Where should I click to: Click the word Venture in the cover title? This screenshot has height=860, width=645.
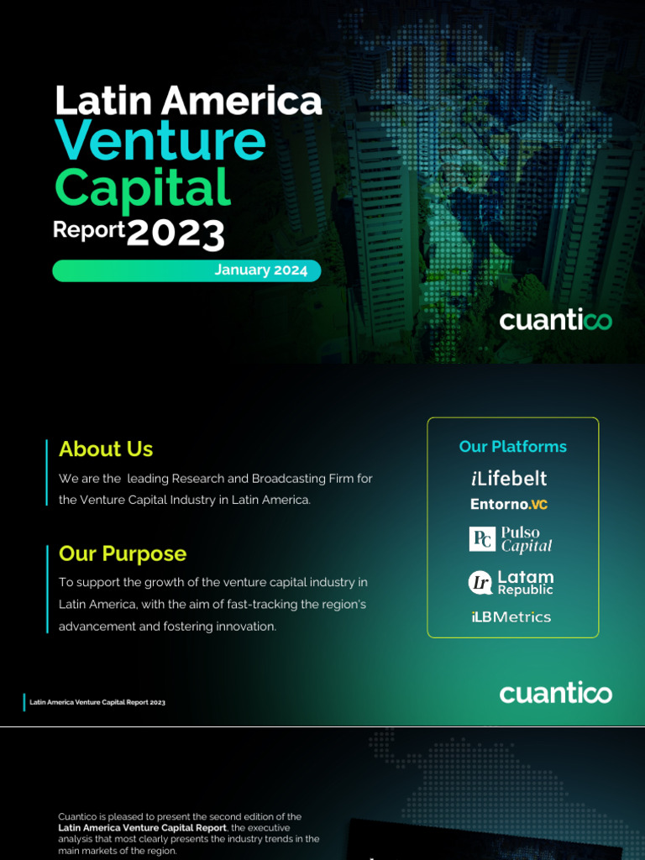pos(160,140)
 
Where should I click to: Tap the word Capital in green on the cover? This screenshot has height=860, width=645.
pos(142,188)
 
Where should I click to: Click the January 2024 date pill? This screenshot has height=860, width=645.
pos(260,270)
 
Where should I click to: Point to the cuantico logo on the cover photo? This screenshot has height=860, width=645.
pos(555,320)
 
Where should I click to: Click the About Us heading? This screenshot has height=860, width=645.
pos(106,449)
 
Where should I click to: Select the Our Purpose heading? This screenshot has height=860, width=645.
pos(123,554)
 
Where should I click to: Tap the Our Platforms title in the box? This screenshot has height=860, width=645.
pos(512,447)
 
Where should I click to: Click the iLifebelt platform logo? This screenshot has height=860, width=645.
pos(509,479)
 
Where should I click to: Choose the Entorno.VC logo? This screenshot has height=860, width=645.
pos(509,505)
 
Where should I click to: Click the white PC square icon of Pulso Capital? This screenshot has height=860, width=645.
pos(482,539)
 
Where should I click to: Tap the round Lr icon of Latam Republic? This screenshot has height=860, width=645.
pos(480,582)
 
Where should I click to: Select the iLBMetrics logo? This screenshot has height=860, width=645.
pos(511,617)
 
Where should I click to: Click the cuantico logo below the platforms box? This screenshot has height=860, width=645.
pos(555,693)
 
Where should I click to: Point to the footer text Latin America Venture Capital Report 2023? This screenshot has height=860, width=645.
pos(97,702)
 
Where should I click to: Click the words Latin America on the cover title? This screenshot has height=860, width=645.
pos(188,101)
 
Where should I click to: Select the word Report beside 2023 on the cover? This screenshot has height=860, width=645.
pos(88,229)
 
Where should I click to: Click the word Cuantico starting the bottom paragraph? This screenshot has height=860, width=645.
pos(77,816)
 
